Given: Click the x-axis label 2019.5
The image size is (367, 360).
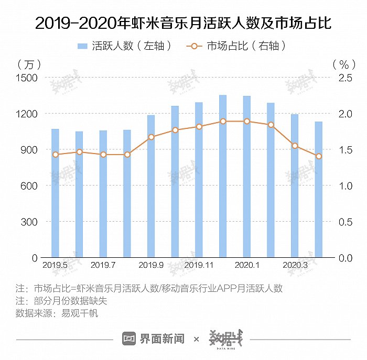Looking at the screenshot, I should point(55,266).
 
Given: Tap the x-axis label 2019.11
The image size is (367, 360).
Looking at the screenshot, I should point(199,266).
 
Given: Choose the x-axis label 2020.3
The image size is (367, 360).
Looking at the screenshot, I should point(295,266).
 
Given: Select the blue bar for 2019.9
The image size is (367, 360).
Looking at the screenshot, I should point(151,189).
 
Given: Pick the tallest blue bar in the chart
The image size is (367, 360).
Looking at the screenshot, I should point(223,178).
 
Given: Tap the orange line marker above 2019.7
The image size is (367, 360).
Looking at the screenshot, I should point(103,155).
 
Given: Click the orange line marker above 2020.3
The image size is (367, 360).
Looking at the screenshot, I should point(295,146).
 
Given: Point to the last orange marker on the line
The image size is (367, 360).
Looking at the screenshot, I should point(318,156).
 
